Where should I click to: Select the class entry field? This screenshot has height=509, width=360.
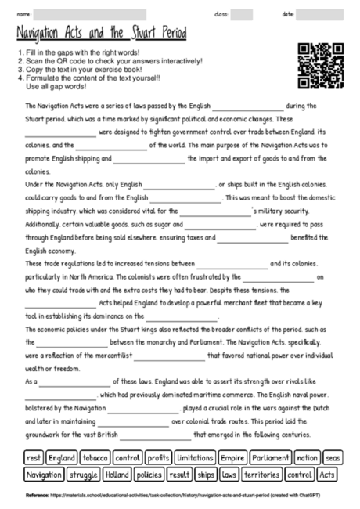[242, 14]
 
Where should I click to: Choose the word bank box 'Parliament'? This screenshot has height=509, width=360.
[271, 457]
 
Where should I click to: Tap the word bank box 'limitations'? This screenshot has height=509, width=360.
[194, 457]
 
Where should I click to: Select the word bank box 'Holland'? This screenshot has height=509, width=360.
[117, 475]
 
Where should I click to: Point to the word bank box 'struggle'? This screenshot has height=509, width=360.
[82, 475]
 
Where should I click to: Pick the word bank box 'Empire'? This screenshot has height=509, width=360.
[232, 457]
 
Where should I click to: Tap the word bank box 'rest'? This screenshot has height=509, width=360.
[33, 457]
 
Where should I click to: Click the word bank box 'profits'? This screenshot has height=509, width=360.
[158, 457]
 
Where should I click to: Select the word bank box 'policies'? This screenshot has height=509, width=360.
[149, 475]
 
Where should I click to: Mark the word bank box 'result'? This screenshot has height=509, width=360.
[179, 475]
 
